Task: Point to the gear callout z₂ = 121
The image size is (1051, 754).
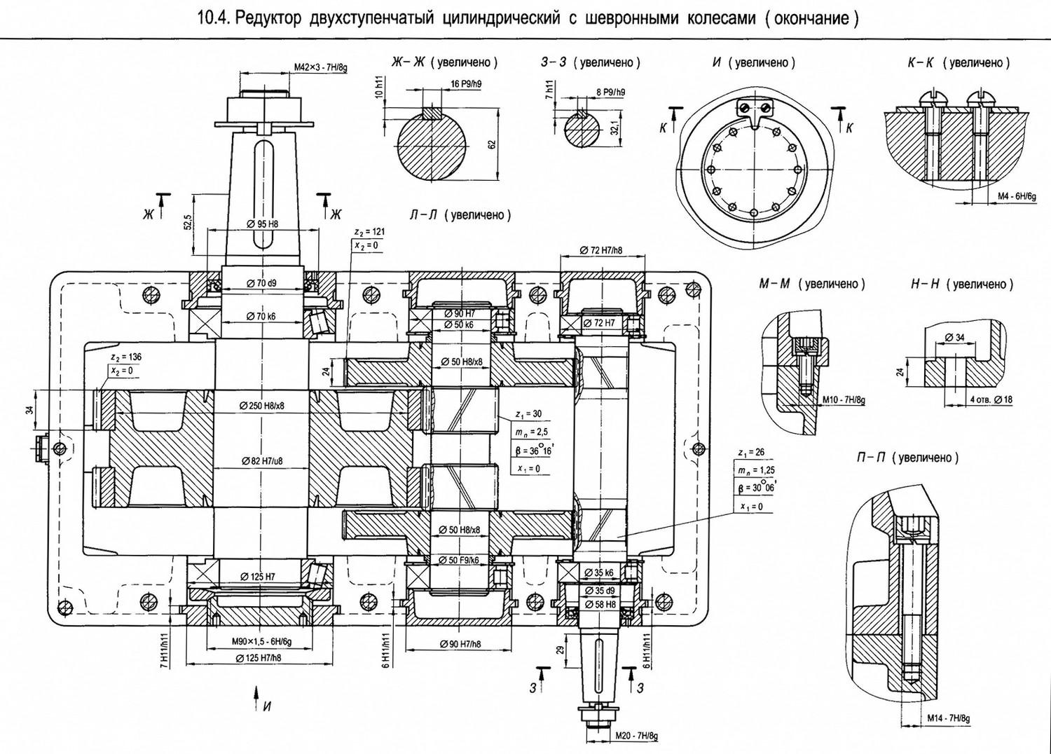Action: (x=369, y=232)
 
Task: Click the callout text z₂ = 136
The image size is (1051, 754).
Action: (x=125, y=357)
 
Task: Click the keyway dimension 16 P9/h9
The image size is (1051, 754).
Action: (x=465, y=84)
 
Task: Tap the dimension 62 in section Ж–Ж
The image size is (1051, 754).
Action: (x=491, y=144)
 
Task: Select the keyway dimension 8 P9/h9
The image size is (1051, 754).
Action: (x=610, y=92)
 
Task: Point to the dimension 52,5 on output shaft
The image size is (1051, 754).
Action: (x=188, y=221)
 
